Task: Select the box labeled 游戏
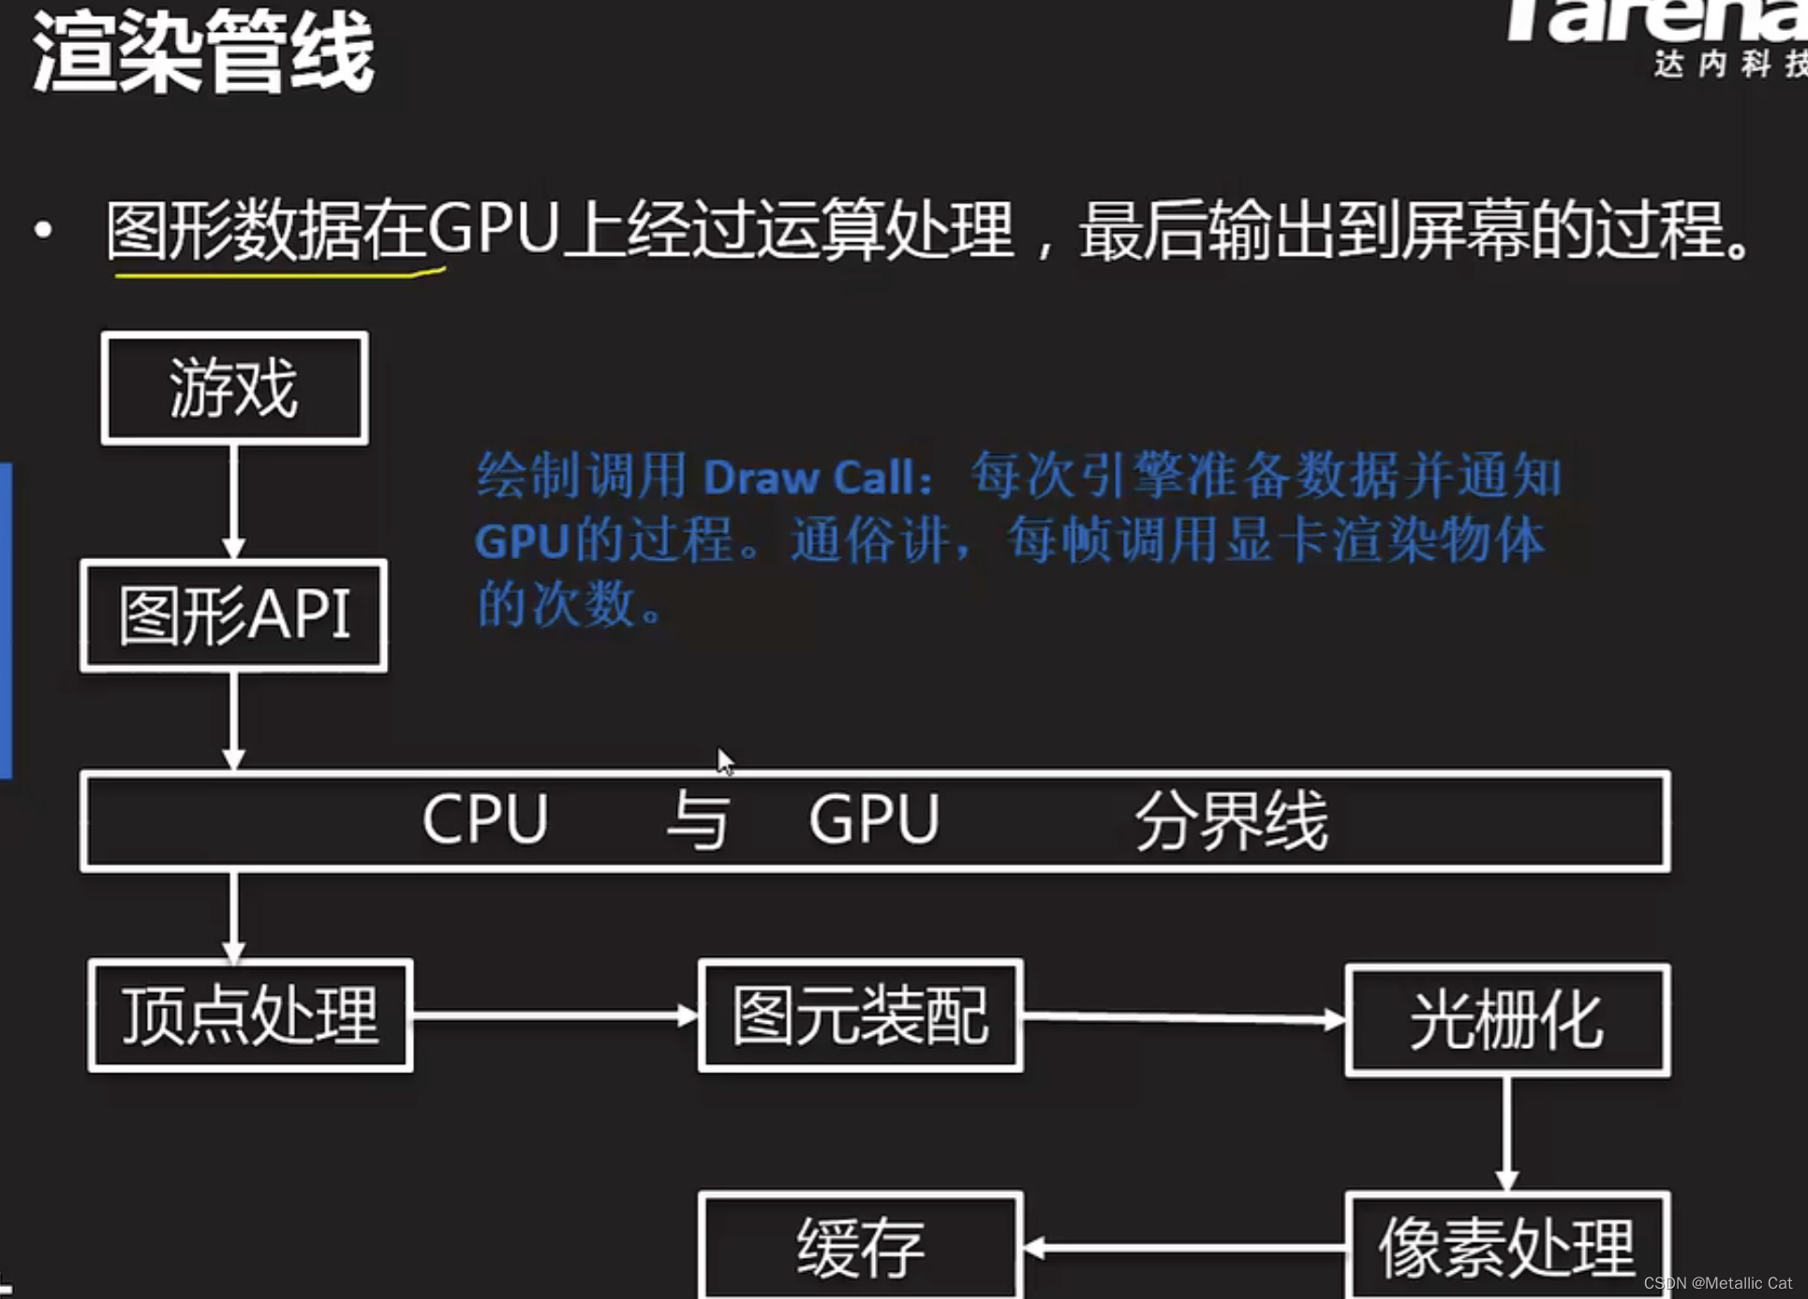pos(234,388)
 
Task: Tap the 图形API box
pos(234,615)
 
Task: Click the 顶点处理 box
pos(250,1016)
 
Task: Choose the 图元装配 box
pos(860,1016)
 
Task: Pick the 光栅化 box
pos(1506,1021)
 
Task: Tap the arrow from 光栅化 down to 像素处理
pos(1506,1134)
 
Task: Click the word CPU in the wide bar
pos(484,820)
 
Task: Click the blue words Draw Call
pos(808,478)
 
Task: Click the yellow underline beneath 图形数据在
pos(277,274)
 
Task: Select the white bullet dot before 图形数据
pos(43,229)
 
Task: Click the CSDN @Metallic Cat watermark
pos(1717,1283)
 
